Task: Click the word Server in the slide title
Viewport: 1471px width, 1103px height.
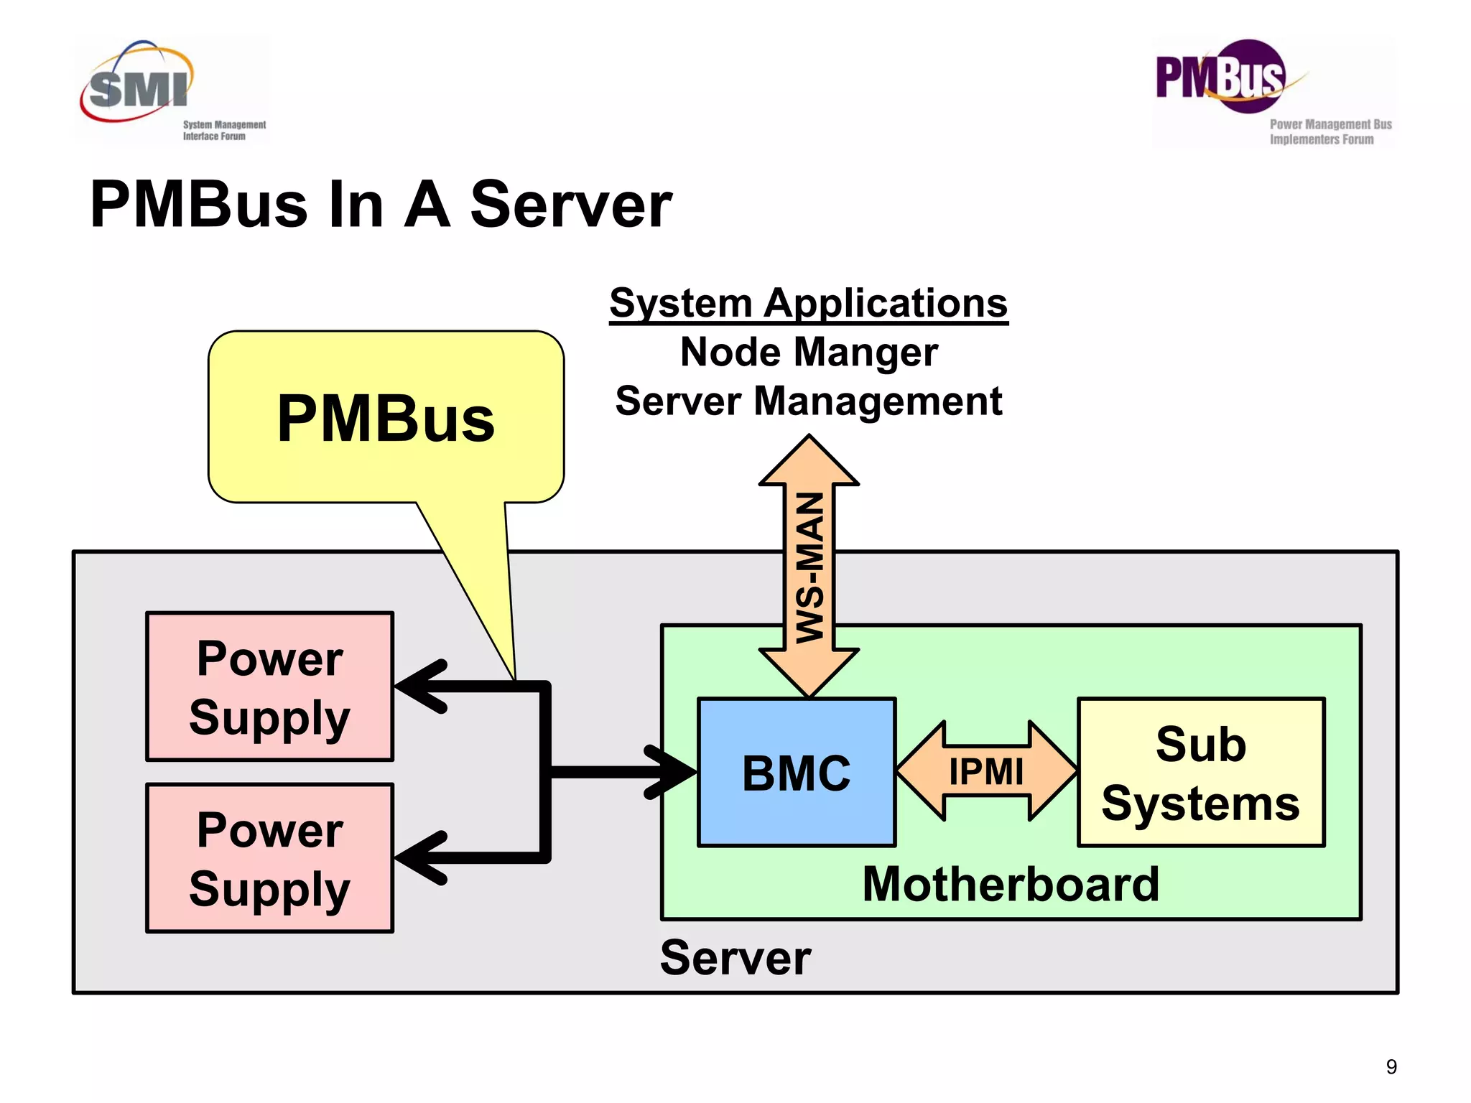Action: pos(571,205)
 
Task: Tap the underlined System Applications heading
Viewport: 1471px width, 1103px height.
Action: pos(809,303)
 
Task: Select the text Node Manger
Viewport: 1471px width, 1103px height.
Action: pos(809,353)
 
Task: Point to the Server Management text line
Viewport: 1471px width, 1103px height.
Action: pos(809,401)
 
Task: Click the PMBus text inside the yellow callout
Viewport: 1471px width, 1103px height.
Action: pos(386,419)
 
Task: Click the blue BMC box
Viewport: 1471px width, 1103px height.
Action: pos(797,773)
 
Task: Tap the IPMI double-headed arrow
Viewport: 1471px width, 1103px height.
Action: pos(986,772)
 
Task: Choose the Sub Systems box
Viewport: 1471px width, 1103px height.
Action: pos(1201,773)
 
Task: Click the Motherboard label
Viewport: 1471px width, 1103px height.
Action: pos(1011,884)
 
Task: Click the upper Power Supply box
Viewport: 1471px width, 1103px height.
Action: pos(269,687)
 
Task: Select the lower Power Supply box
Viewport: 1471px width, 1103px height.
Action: pos(269,858)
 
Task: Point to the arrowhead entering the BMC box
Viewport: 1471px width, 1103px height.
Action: pos(672,772)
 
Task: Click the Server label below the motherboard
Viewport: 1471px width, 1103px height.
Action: pos(735,958)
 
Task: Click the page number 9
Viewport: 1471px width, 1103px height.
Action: pos(1391,1067)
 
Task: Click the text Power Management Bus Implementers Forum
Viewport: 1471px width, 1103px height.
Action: pos(1330,132)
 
